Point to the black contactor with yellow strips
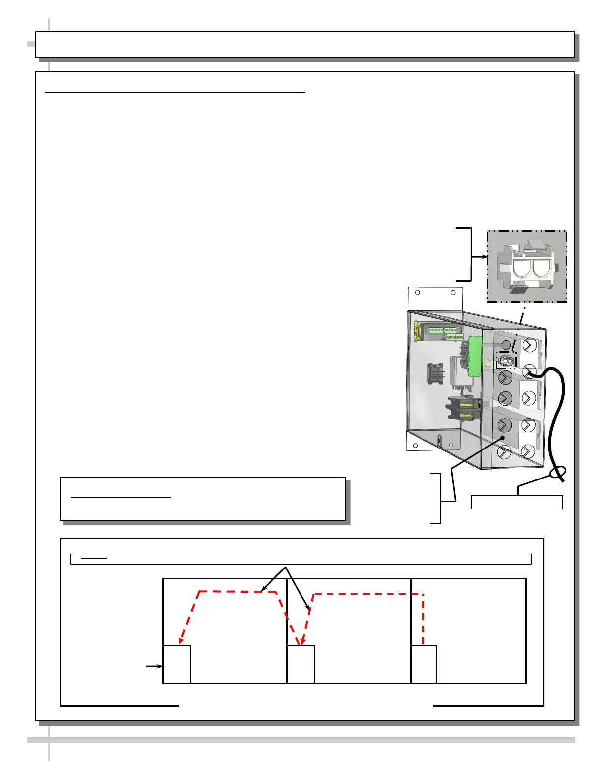click(462, 409)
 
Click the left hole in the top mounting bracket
click(418, 292)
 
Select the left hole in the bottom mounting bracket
click(416, 446)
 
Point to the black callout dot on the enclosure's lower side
click(503, 438)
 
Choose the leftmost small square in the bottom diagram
click(177, 664)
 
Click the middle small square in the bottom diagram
click(301, 664)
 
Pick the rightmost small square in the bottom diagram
click(423, 664)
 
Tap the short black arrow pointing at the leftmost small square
click(154, 666)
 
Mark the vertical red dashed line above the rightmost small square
click(423, 620)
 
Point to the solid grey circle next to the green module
click(506, 345)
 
